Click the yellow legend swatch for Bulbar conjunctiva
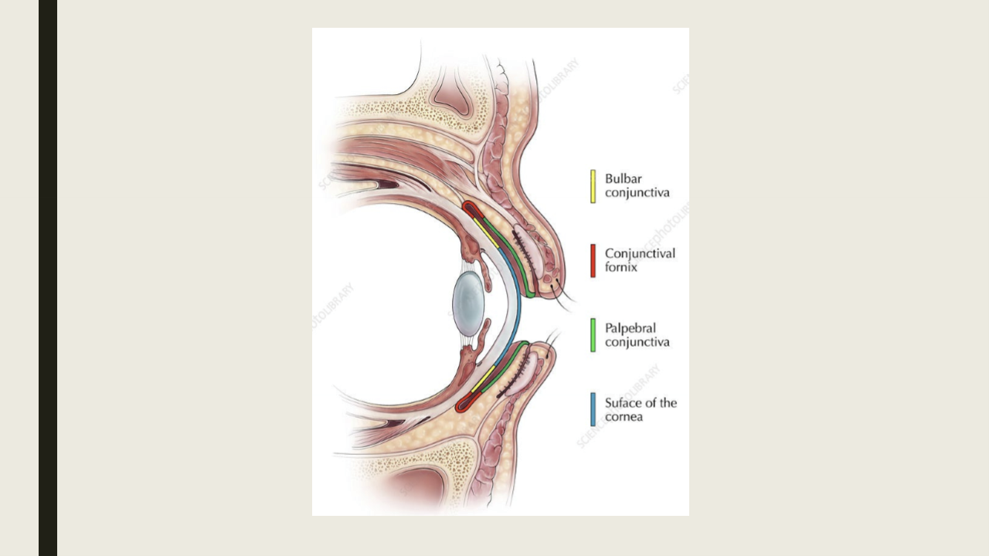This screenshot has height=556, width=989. click(x=593, y=186)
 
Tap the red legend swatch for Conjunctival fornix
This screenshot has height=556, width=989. click(x=593, y=260)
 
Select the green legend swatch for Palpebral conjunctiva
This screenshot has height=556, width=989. click(x=593, y=335)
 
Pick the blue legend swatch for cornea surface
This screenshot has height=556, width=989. click(x=593, y=409)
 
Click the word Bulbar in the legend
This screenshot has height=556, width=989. click(x=623, y=179)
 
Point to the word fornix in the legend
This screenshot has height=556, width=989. click(x=621, y=268)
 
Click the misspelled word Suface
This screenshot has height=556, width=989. click(x=623, y=402)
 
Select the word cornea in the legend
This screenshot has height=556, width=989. click(x=624, y=417)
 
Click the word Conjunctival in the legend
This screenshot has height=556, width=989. click(x=640, y=253)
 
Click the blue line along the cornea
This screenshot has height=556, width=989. click(x=516, y=309)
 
